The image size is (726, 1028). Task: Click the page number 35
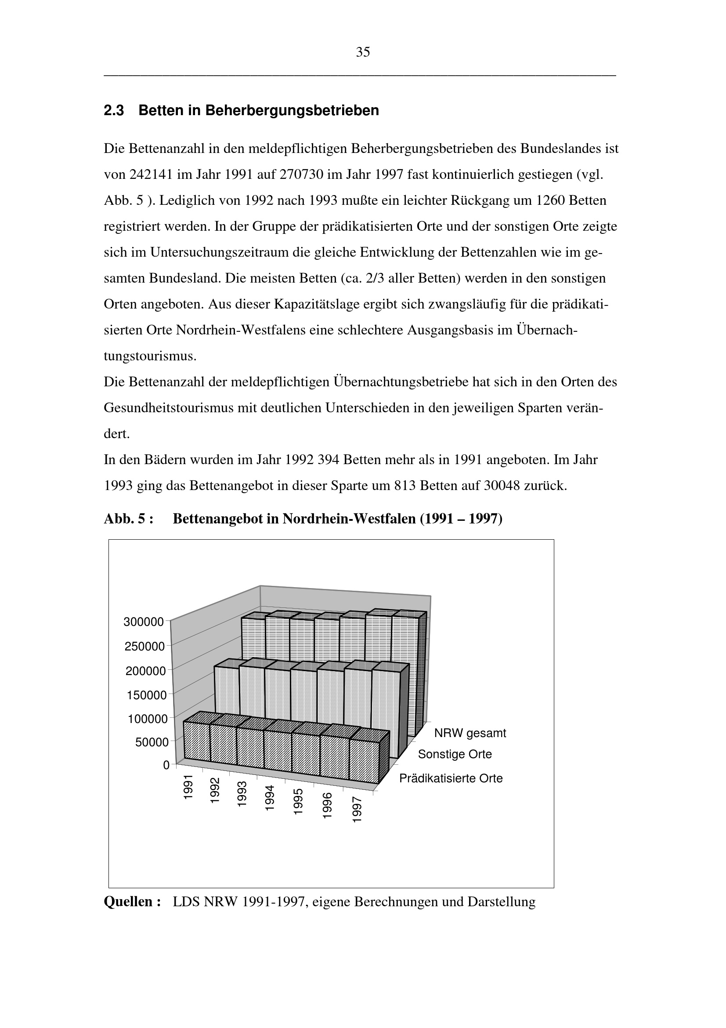[363, 52]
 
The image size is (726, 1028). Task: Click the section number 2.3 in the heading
[114, 111]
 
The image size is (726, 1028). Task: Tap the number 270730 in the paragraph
[301, 174]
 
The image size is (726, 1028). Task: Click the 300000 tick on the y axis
[144, 622]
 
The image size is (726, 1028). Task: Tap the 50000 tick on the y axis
[152, 742]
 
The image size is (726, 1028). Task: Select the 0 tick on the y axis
[166, 766]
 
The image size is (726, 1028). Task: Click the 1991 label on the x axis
[188, 787]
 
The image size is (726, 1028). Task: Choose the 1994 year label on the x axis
[269, 798]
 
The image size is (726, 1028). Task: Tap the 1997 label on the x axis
[357, 810]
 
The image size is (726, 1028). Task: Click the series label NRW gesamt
[470, 734]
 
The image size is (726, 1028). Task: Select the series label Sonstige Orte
[455, 755]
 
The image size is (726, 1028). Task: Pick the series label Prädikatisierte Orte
[451, 778]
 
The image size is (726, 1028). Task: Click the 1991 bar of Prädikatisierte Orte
[197, 741]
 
